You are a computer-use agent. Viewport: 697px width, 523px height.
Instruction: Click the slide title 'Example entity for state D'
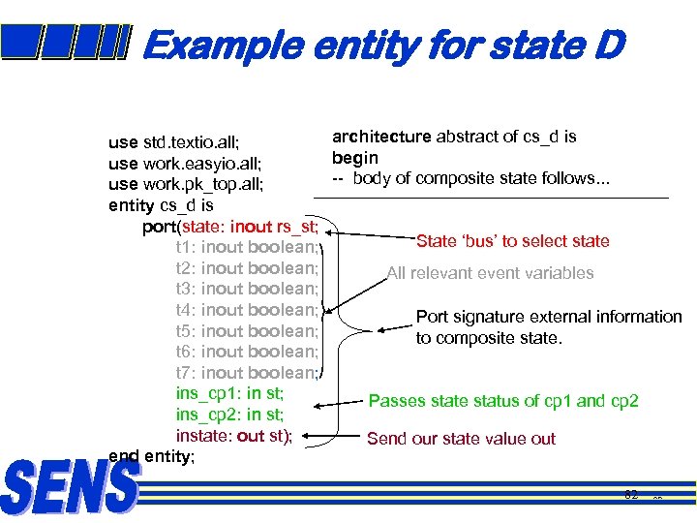[383, 45]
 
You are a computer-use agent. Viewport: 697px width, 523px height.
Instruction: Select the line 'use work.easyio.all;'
[186, 164]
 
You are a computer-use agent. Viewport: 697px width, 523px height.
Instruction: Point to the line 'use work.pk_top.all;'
[187, 184]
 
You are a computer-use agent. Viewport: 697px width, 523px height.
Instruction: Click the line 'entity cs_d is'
[161, 205]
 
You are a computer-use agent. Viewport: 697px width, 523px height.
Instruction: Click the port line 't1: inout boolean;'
[247, 247]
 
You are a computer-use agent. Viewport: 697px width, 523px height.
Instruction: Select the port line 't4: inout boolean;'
[247, 310]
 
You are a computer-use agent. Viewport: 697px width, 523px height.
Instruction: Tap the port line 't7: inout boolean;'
[247, 373]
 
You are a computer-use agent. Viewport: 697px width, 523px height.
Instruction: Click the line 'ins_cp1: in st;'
[229, 393]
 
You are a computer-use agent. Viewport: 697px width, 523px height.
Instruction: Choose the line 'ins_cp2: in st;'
[229, 415]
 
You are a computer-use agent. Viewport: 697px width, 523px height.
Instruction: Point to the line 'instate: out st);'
[233, 435]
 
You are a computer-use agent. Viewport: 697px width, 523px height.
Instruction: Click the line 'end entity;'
[152, 456]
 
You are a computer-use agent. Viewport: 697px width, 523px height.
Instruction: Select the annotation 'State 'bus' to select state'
[512, 241]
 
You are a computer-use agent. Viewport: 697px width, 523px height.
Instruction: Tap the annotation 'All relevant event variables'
[490, 273]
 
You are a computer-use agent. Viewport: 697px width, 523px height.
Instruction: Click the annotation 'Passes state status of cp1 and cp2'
[503, 401]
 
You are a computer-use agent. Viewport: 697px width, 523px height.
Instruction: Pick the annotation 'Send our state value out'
[461, 439]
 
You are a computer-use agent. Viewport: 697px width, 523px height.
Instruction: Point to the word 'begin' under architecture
[355, 157]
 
